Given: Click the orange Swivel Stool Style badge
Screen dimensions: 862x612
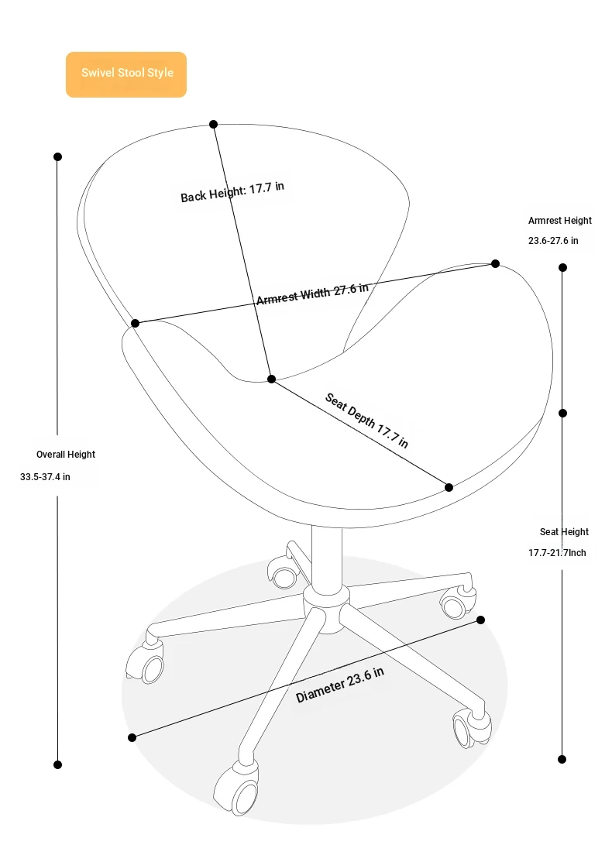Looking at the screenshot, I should tap(126, 74).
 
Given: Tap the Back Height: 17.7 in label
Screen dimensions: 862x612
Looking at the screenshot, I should tap(232, 191).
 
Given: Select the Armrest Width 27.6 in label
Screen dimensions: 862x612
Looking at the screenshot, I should tap(312, 294).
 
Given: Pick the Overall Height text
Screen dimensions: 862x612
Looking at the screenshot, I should tap(66, 455).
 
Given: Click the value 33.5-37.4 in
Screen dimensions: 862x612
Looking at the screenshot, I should tap(45, 477).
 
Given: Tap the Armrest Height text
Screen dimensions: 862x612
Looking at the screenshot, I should tap(559, 221).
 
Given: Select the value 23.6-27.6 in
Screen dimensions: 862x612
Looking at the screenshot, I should tap(553, 241).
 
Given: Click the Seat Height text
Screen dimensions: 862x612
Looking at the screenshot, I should tap(564, 532).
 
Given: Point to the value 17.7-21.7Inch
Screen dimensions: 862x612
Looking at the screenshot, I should tap(557, 553).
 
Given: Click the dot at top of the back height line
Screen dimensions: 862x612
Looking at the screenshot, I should tap(213, 125).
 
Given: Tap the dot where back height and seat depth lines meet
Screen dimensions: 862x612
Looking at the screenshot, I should tap(271, 379).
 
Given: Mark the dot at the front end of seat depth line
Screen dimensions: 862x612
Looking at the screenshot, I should tap(449, 487).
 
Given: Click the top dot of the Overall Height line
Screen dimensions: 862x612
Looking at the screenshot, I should tap(57, 156).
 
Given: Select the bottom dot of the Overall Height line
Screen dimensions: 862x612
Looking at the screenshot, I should tap(57, 764).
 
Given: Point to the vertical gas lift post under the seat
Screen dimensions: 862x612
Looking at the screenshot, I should tap(326, 555).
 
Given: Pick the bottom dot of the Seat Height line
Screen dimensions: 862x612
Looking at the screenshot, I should tap(562, 759).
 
